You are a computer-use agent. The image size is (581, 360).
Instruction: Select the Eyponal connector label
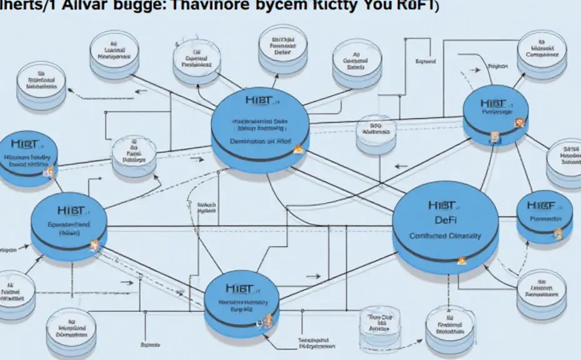coord(425,62)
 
